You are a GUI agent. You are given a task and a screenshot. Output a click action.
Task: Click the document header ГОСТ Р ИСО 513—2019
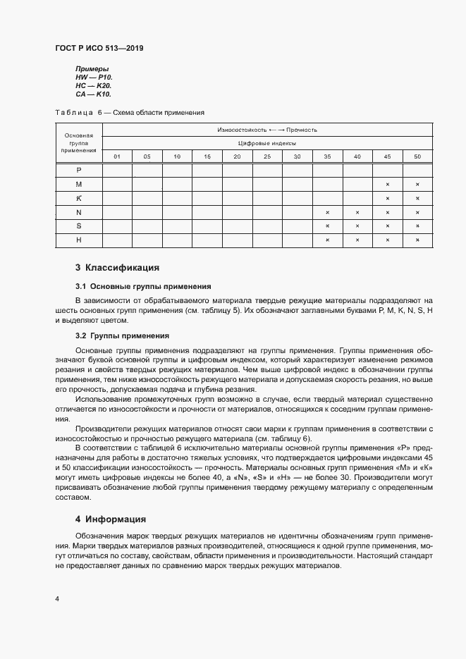coord(99,49)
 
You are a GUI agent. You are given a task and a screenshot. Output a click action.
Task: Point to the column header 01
coord(117,156)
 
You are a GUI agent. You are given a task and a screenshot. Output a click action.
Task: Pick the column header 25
coord(267,156)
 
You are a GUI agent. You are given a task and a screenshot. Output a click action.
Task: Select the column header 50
coord(417,156)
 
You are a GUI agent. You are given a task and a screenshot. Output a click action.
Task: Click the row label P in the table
coord(79,170)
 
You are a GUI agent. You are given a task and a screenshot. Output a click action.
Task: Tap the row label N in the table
coord(79,212)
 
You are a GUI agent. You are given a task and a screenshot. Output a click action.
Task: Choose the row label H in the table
coord(79,240)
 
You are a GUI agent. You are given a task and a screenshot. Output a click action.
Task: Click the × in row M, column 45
coord(388,184)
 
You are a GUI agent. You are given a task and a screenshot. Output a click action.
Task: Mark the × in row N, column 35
coord(327,212)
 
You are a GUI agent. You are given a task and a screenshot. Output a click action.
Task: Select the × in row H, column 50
coord(417,240)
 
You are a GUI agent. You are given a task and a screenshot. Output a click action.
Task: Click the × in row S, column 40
coord(357,226)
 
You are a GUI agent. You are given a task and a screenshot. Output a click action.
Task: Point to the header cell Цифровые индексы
coord(267,143)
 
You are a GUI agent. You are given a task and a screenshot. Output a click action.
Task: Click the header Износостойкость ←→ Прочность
coord(267,130)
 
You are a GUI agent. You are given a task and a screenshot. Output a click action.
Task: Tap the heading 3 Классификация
coord(117,268)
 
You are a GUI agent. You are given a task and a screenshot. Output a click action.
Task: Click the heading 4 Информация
coord(111,519)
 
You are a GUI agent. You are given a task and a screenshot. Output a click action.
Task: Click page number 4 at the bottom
coord(56,599)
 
